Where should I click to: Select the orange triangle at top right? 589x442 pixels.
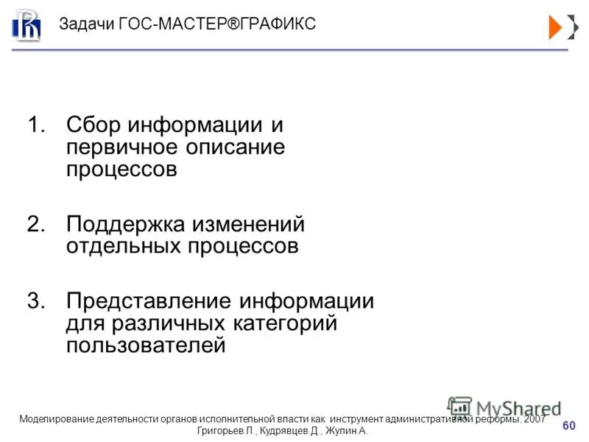556,26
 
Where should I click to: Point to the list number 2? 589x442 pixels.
35,224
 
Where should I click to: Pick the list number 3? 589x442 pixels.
35,301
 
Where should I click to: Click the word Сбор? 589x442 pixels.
94,125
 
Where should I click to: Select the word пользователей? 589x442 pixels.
146,345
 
